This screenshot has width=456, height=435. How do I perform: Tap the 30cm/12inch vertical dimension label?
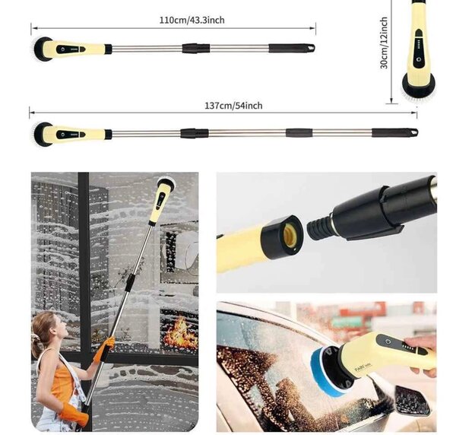(x=385, y=44)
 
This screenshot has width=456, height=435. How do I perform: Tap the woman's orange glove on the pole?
(x=105, y=348)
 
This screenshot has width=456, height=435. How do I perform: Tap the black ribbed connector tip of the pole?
(x=318, y=225)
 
